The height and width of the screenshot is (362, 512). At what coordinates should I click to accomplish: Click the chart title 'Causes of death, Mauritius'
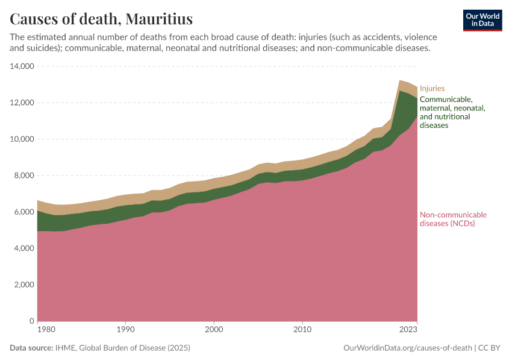pos(101,19)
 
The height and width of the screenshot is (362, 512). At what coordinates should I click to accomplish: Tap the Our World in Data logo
pos(482,20)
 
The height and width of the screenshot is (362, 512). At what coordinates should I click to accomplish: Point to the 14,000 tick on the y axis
pos(21,66)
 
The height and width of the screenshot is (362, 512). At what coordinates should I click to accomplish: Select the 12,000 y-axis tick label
pos(21,103)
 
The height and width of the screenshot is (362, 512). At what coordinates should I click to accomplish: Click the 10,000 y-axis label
pos(21,139)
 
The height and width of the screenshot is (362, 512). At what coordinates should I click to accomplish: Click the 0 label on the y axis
pos(31,321)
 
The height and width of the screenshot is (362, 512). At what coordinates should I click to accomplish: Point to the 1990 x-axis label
pos(125,330)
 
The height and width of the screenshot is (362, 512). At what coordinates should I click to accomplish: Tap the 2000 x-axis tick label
pos(214,330)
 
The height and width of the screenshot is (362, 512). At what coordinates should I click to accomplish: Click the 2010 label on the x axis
pos(302,330)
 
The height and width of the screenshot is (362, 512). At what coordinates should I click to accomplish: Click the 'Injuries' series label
pos(432,88)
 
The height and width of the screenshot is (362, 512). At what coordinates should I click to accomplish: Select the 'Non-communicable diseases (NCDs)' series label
pos(453,219)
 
